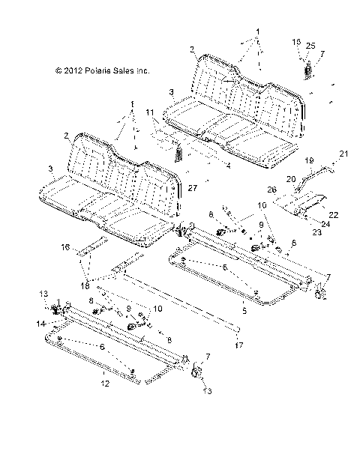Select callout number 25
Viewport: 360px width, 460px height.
310,46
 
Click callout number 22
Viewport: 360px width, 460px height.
333,215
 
